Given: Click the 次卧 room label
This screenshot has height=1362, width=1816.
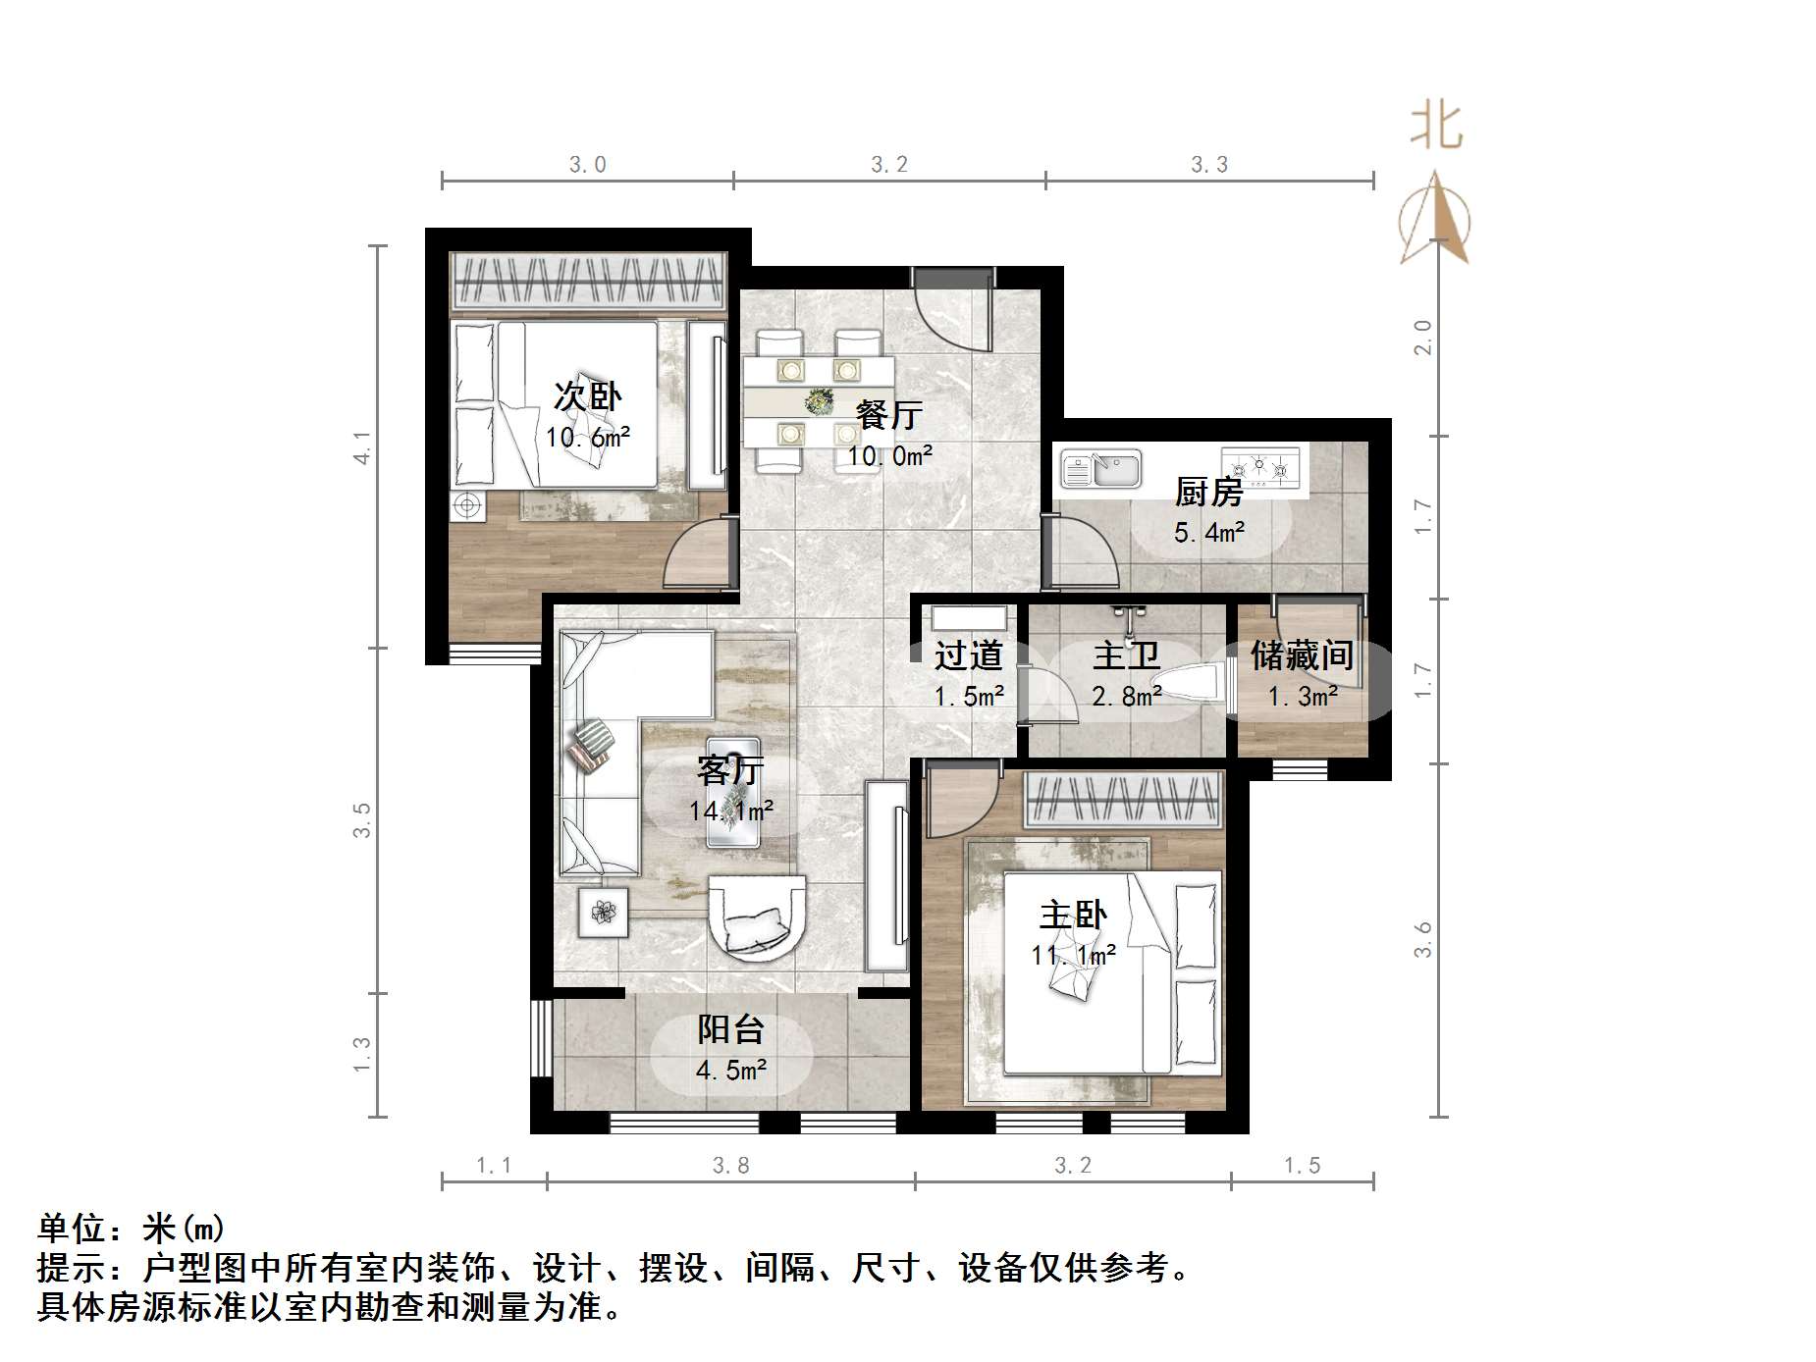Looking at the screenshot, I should [x=587, y=396].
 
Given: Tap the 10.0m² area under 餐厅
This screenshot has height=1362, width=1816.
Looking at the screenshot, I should [x=889, y=455].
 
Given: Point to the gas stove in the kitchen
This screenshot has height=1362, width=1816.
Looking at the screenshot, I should [x=1259, y=467].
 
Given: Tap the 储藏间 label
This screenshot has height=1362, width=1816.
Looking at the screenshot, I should [x=1302, y=655].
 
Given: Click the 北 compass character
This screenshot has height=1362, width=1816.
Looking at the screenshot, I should [x=1435, y=127].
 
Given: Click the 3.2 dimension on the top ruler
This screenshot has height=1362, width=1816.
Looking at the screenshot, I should [x=889, y=165].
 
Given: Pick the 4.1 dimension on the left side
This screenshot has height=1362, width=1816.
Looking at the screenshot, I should [x=362, y=447].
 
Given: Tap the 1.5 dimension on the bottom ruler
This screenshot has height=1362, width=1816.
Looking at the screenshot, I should [x=1302, y=1165].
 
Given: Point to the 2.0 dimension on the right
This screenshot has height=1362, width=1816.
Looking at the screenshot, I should [x=1422, y=338].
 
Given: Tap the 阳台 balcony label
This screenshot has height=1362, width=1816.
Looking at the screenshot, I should [x=730, y=1029].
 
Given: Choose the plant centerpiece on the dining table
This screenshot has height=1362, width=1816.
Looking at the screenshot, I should [x=818, y=400].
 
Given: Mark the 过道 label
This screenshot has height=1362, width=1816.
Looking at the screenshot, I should [x=968, y=655].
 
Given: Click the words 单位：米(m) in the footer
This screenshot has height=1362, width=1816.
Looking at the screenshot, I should [x=132, y=1228].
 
